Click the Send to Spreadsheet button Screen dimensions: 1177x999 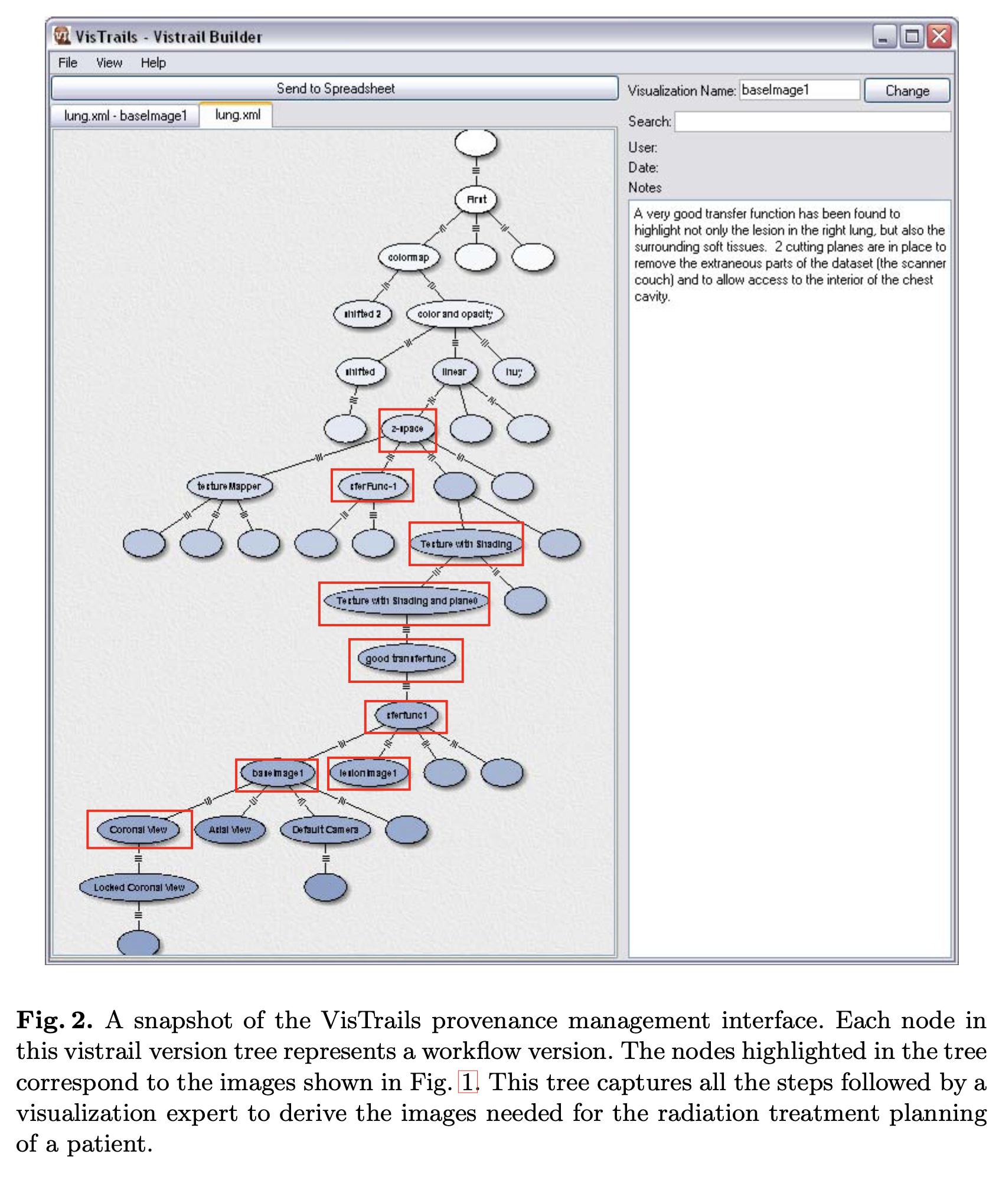[x=334, y=89]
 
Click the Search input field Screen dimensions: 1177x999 [x=812, y=122]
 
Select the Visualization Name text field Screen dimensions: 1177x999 [x=799, y=90]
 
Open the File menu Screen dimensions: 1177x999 [x=67, y=63]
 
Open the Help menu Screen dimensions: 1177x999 [x=153, y=63]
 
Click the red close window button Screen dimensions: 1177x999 [x=939, y=37]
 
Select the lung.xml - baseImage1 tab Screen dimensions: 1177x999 [x=125, y=116]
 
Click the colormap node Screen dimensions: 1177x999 [x=409, y=257]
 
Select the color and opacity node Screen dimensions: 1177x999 [x=455, y=314]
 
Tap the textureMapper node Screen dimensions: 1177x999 [x=229, y=486]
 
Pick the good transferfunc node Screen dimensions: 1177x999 [x=406, y=658]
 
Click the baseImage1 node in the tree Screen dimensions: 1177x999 [x=277, y=773]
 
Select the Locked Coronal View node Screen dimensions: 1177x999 [x=139, y=887]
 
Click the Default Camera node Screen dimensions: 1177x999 [x=325, y=830]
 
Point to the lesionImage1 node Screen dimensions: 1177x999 [x=368, y=773]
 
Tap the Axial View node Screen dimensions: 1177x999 [x=230, y=830]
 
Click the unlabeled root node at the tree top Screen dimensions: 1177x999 [x=476, y=143]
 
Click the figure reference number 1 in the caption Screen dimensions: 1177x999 [x=468, y=1082]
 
